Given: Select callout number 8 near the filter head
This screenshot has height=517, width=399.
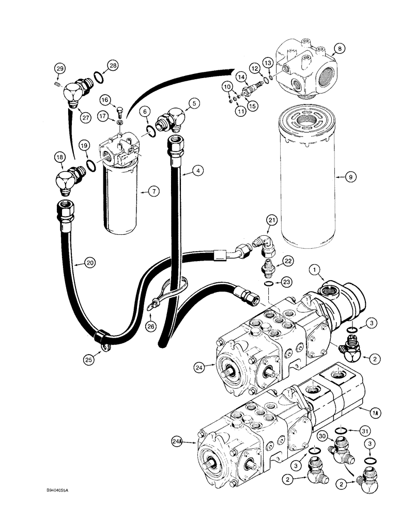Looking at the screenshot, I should coord(340,50).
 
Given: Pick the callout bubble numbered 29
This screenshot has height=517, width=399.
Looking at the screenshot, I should coord(60,69).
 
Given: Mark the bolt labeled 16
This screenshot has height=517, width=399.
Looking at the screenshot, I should coord(118,110).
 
